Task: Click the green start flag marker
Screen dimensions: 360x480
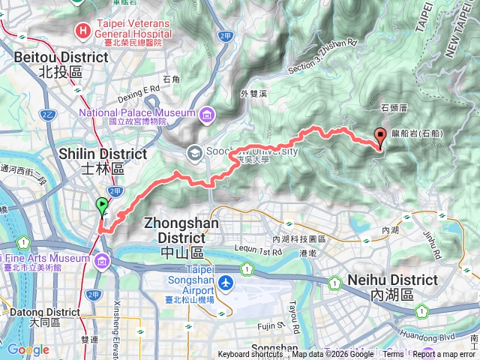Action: pos(102,204)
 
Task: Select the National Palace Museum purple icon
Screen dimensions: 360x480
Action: pos(205,115)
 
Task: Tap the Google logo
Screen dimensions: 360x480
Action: pos(28,349)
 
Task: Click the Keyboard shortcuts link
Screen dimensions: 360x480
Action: pos(251,355)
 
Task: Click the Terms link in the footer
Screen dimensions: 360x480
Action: pos(392,355)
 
